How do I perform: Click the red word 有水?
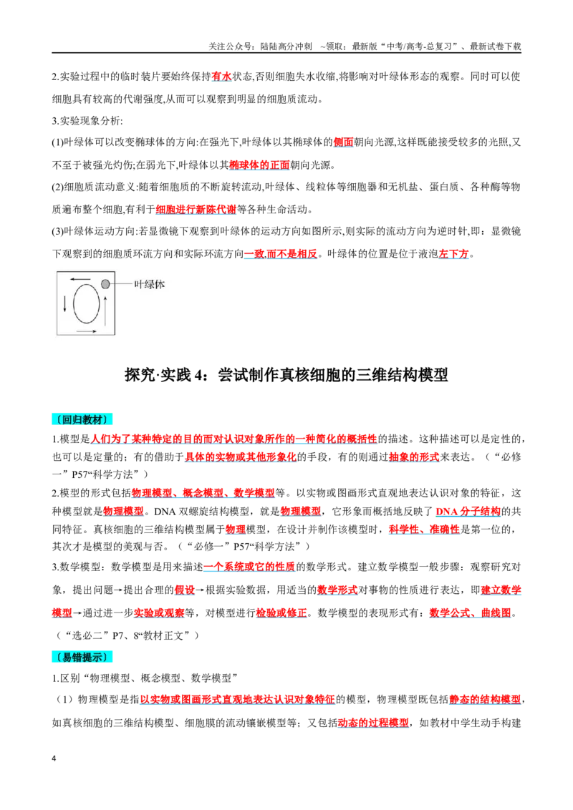point(221,77)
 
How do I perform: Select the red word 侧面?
point(343,142)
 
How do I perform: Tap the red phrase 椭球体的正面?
point(259,165)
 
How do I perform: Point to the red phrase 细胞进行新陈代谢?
point(196,209)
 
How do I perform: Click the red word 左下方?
point(453,253)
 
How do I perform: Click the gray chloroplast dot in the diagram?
point(105,283)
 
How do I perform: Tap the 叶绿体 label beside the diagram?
point(150,284)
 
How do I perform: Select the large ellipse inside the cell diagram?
point(87,303)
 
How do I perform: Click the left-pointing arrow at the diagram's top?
point(81,280)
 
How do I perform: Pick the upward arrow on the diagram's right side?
point(105,311)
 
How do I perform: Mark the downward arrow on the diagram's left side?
point(65,303)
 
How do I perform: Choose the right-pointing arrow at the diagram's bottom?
point(87,331)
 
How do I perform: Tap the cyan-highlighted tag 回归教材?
point(82,419)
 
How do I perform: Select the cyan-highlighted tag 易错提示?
point(82,657)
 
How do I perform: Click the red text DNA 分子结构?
point(468,512)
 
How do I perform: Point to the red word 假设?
point(185,590)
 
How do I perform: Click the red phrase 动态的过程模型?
point(373,723)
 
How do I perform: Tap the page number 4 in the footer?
point(54,759)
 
